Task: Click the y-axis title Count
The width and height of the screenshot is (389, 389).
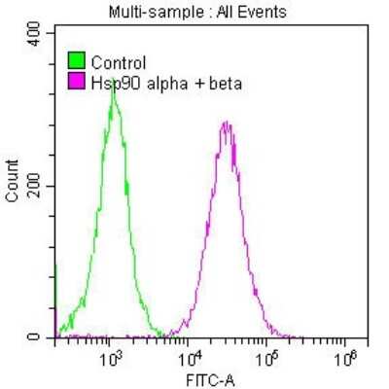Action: (13, 185)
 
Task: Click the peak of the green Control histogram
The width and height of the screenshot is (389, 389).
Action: (113, 80)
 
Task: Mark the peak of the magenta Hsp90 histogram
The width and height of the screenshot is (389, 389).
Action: (226, 123)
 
